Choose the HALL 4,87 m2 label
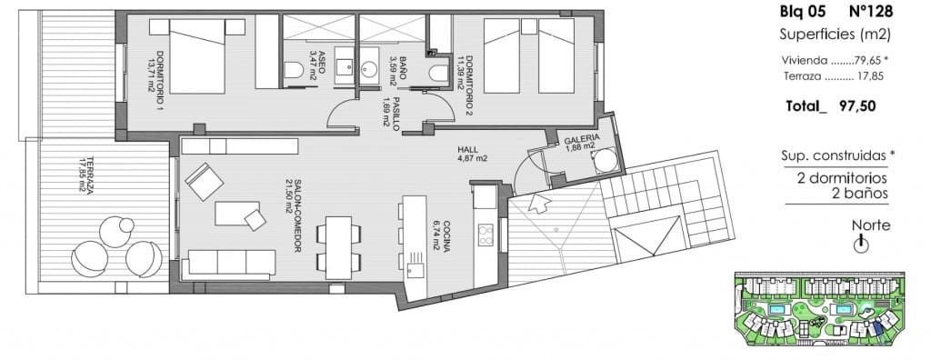tap(473, 155)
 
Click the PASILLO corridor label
tap(392, 114)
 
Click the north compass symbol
tap(859, 244)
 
